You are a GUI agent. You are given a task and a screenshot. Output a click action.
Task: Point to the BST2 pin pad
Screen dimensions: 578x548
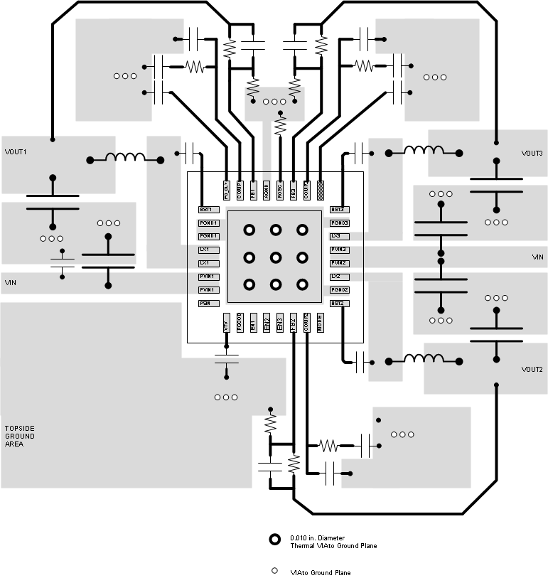coord(338,304)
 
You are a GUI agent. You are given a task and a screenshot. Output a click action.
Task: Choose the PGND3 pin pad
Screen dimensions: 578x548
coord(338,223)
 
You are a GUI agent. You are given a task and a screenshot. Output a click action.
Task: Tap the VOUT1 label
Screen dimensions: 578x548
coord(16,152)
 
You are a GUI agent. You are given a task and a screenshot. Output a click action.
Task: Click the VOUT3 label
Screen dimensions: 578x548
coord(532,154)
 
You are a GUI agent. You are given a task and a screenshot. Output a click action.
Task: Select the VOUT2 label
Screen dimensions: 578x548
coord(532,370)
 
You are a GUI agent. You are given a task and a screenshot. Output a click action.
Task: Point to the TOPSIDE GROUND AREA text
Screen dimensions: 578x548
coord(20,436)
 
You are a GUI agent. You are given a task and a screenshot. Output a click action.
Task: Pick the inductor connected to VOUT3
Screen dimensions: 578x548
coord(424,150)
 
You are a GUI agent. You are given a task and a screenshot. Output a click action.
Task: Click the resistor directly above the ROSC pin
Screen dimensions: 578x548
coord(280,125)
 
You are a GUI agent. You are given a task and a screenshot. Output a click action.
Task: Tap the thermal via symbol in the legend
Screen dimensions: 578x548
coord(274,540)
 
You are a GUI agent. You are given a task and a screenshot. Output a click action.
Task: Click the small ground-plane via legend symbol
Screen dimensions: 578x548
coord(274,571)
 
